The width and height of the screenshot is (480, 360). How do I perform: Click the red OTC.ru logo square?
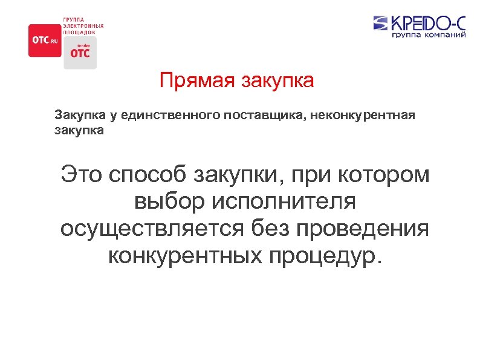pos(45,41)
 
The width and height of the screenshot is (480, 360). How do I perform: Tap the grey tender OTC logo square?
pos(80,52)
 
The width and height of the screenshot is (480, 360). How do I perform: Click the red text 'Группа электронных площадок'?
pos(83,26)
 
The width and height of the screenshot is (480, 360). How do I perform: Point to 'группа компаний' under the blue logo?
pos(429,36)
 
